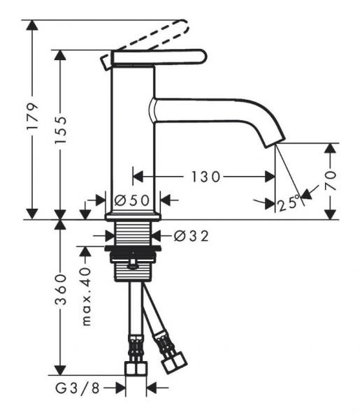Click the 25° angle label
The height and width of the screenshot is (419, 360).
click(x=289, y=203)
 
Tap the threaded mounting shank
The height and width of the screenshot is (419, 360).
click(x=133, y=235)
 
